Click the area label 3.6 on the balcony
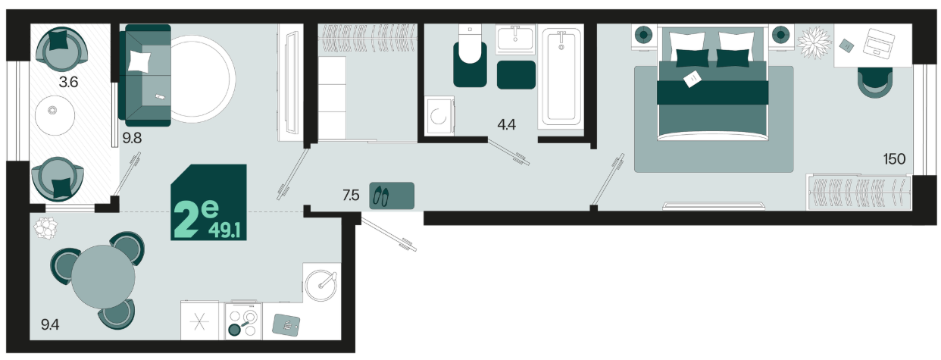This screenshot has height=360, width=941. tap(68, 82)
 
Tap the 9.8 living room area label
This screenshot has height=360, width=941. tap(132, 138)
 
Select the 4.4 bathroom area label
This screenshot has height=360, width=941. tap(506, 125)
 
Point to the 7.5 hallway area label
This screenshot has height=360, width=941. tap(351, 196)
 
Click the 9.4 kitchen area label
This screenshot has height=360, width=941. tap(50, 324)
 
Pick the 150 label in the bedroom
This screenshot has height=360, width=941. tap(894, 159)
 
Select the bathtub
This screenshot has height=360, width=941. tap(561, 77)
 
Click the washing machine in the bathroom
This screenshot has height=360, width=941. tap(439, 116)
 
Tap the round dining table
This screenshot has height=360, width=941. tap(103, 277)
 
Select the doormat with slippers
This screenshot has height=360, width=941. tap(392, 196)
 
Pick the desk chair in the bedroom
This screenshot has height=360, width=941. tap(875, 83)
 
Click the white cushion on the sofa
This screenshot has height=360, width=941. tap(139, 61)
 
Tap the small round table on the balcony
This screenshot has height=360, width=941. tap(55, 115)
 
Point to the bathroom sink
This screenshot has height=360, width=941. tap(515, 39)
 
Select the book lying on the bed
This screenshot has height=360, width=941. tap(692, 79)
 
